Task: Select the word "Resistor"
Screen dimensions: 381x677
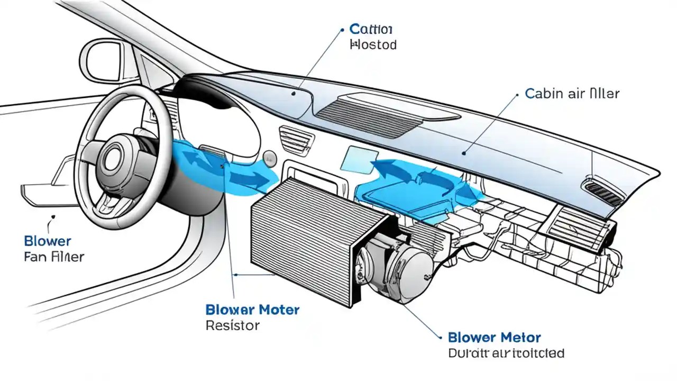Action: click(x=232, y=325)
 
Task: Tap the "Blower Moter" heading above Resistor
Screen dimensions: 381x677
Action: click(x=252, y=309)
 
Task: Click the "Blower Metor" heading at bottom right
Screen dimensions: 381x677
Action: click(x=494, y=338)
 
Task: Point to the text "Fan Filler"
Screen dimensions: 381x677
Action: click(x=54, y=257)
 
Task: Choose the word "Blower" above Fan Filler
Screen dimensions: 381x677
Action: click(x=48, y=241)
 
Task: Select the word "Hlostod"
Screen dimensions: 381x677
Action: click(x=373, y=44)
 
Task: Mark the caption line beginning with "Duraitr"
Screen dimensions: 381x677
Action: click(x=506, y=353)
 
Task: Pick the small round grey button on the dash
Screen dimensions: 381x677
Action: click(x=270, y=157)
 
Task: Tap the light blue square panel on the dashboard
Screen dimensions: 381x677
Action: click(x=357, y=159)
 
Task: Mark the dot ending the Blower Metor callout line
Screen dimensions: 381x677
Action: click(x=440, y=337)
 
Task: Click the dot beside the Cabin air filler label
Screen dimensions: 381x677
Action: click(x=516, y=95)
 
